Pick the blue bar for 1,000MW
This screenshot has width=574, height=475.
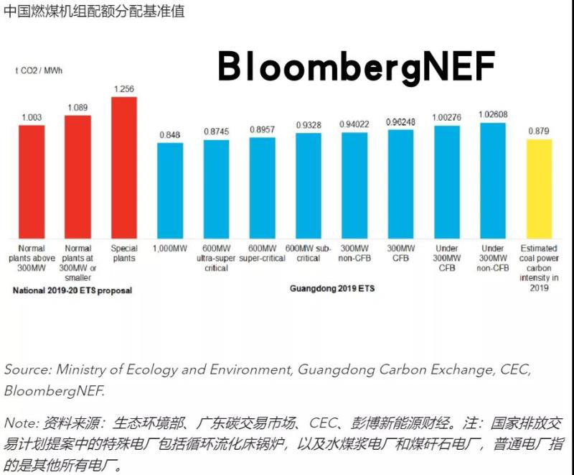coord(170,190)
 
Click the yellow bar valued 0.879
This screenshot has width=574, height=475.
coord(538,188)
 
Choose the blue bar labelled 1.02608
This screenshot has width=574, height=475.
coord(492,180)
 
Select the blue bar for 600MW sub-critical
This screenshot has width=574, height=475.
coord(308,185)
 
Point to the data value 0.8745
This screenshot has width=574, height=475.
coord(216,131)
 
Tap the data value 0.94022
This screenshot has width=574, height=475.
coord(354,124)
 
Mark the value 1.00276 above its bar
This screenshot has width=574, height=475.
coord(446,116)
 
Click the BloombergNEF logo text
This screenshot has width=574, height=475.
coord(357,68)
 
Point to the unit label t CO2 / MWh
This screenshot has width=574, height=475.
coord(39,70)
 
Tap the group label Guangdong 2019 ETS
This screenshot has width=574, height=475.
coord(332,288)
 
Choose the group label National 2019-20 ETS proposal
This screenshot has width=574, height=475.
coord(73,290)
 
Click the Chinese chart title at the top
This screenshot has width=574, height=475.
coord(93,12)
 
